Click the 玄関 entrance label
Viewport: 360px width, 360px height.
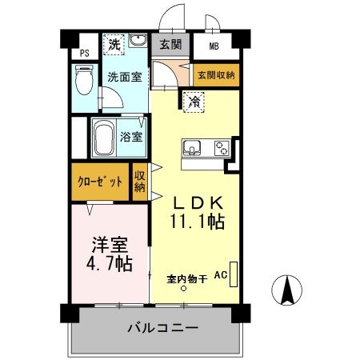pyautogui.click(x=170, y=45)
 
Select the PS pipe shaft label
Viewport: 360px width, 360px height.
pyautogui.click(x=85, y=54)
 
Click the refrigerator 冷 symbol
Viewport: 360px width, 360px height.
pyautogui.click(x=194, y=101)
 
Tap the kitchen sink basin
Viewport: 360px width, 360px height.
pyautogui.click(x=194, y=148)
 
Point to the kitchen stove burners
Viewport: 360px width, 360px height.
pyautogui.click(x=220, y=148)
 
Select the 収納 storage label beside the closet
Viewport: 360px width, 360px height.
pyautogui.click(x=140, y=182)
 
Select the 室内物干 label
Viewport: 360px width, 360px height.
pyautogui.click(x=187, y=279)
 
